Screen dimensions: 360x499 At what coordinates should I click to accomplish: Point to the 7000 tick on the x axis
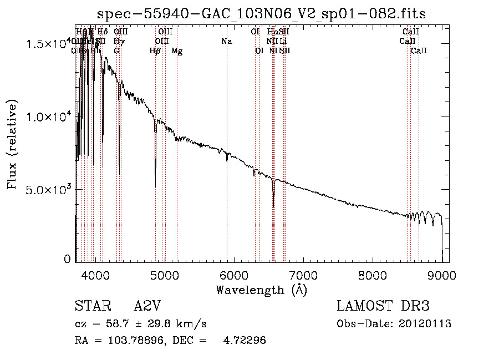(x=303, y=275)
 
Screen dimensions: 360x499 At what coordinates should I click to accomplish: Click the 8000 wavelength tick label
(x=373, y=275)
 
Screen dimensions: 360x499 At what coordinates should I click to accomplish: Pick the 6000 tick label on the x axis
(x=233, y=275)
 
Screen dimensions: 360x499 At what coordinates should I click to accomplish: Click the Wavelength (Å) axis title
(x=261, y=290)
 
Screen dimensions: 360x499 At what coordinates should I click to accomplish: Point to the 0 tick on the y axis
(x=67, y=258)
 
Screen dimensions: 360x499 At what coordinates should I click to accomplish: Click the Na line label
(x=226, y=41)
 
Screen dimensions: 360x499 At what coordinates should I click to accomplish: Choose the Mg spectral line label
(x=177, y=51)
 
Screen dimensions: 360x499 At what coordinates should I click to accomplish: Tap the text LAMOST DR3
(x=383, y=306)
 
